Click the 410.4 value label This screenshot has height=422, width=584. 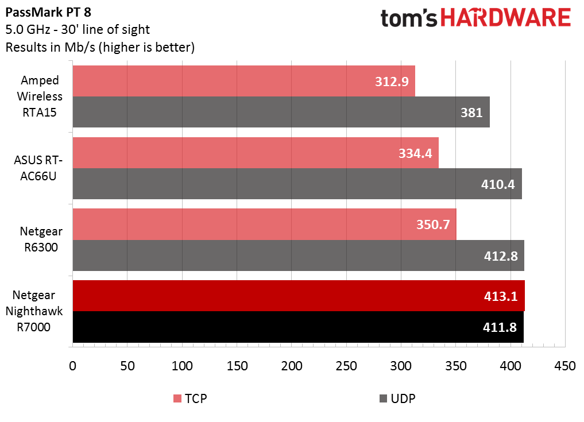click(498, 184)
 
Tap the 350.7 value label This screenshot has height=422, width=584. click(433, 224)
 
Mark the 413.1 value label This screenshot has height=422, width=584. click(500, 296)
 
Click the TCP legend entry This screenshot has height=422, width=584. click(189, 398)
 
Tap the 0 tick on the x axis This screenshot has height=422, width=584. click(72, 366)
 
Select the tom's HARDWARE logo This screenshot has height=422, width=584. click(476, 18)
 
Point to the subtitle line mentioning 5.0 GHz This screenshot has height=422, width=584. click(77, 30)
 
